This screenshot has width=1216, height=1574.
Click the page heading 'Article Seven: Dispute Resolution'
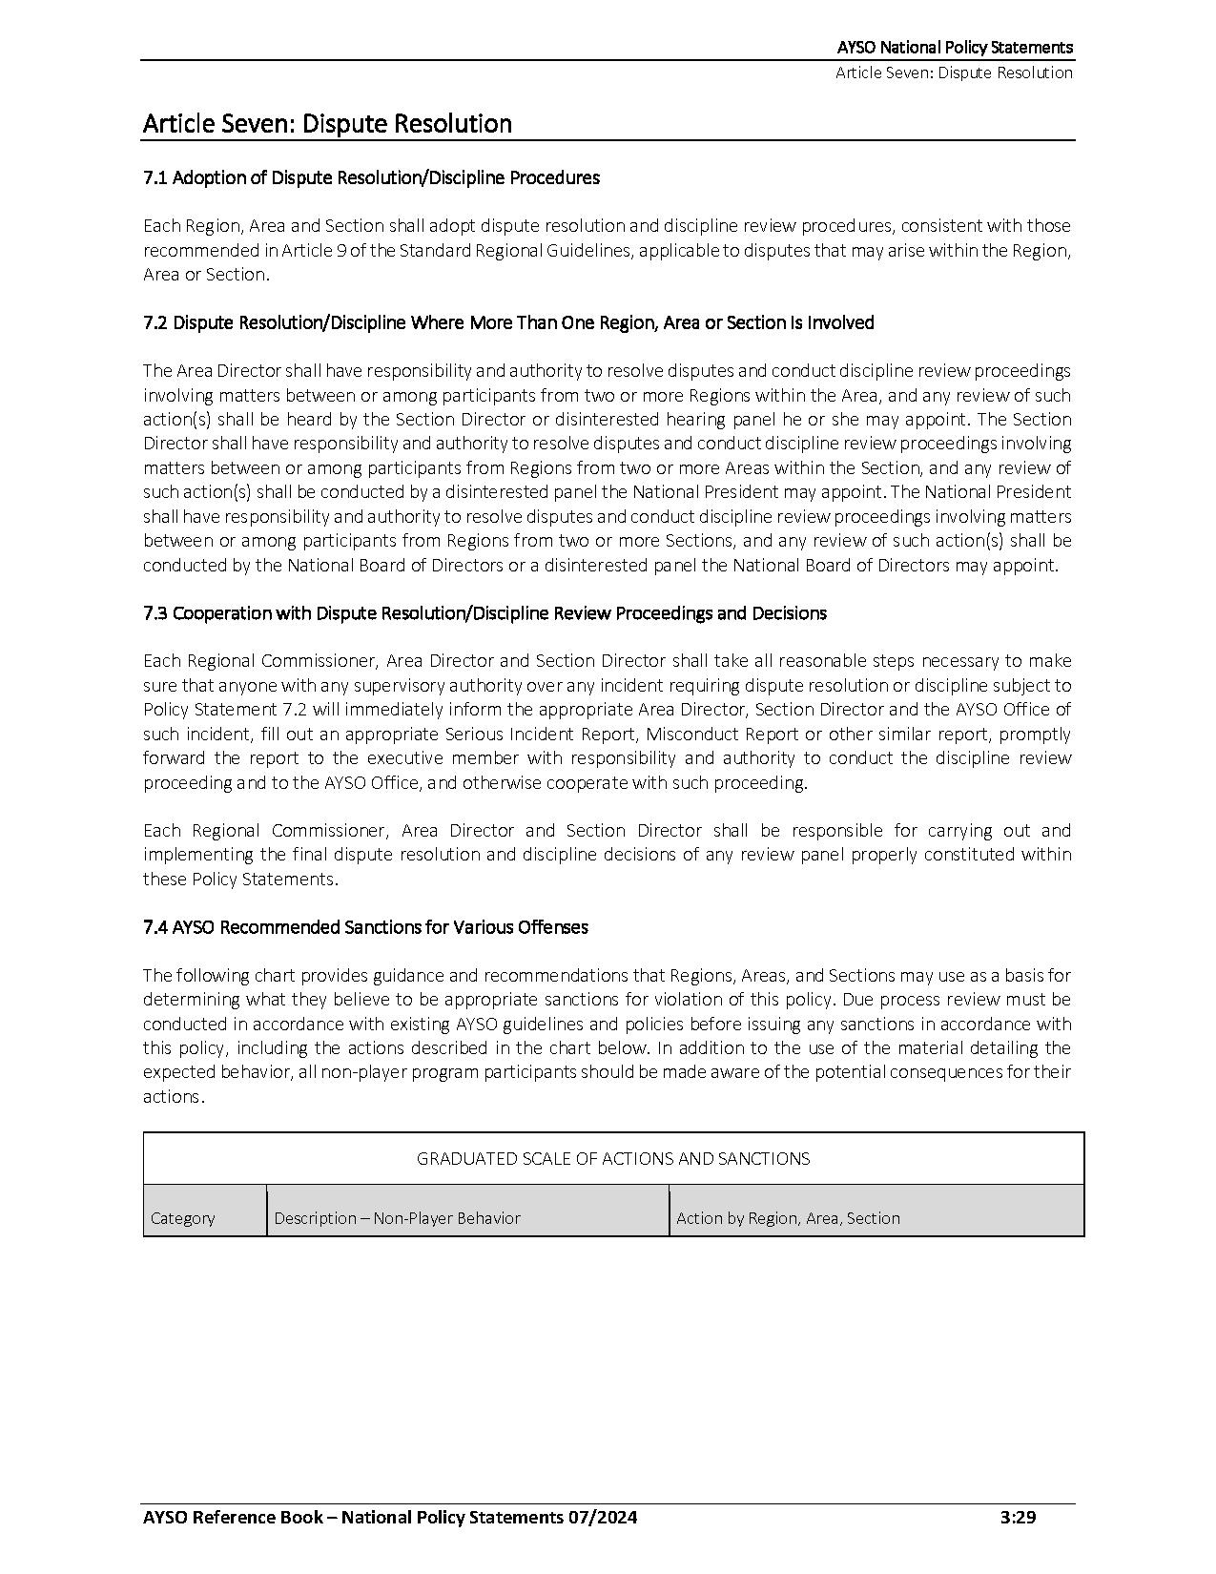point(327,124)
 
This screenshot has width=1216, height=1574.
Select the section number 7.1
point(155,177)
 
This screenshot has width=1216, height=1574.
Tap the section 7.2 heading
point(508,322)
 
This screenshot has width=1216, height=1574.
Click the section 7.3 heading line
point(484,613)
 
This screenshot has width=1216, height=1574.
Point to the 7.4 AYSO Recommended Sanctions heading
point(365,927)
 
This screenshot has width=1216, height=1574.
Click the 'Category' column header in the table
point(183,1218)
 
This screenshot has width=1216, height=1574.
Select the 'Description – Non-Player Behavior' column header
point(398,1218)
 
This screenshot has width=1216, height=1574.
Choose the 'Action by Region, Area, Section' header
point(788,1218)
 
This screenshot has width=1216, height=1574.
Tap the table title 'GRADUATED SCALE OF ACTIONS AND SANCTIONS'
point(613,1159)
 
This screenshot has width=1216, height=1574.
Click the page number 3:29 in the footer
point(1018,1518)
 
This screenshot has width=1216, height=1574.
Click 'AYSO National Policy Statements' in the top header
point(955,47)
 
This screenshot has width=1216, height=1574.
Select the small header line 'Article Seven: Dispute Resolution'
point(954,72)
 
